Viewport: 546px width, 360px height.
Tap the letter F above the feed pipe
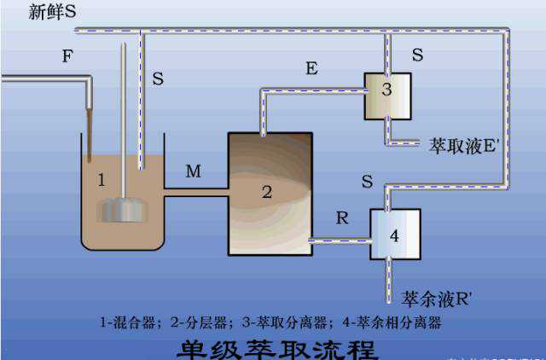coord(67,57)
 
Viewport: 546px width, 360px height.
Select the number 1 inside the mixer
coord(102,180)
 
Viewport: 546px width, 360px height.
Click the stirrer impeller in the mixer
coord(125,209)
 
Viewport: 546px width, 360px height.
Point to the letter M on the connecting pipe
coord(194,172)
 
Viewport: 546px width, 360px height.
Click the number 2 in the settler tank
coord(266,192)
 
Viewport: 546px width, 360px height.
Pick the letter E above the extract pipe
coord(312,68)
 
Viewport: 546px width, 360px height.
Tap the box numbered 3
coord(387,96)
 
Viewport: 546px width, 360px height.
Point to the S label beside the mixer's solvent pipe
coord(158,78)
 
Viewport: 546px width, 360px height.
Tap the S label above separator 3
coord(417,55)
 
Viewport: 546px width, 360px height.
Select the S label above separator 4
coord(367,182)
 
